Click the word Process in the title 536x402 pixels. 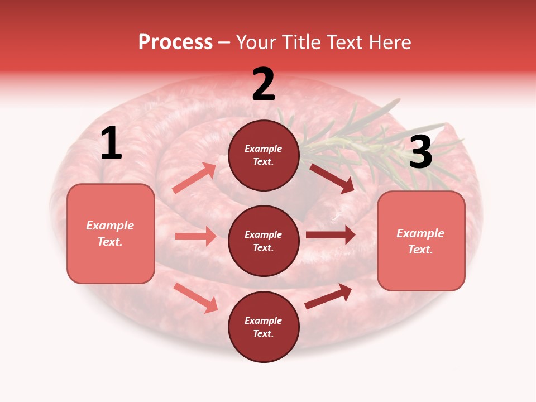tap(175, 42)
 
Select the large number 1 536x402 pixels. tap(111, 143)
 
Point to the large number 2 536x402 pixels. tap(264, 84)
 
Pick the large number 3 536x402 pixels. tap(420, 152)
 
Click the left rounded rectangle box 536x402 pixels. tap(111, 233)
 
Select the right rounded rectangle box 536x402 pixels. tap(421, 241)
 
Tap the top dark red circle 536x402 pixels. tap(264, 155)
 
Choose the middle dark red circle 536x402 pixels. tap(264, 241)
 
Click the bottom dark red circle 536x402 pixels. tap(264, 327)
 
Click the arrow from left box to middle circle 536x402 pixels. tap(195, 236)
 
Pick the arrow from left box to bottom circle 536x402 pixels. tap(196, 298)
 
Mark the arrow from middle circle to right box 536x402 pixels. tap(331, 234)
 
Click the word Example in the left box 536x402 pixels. tap(110, 226)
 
